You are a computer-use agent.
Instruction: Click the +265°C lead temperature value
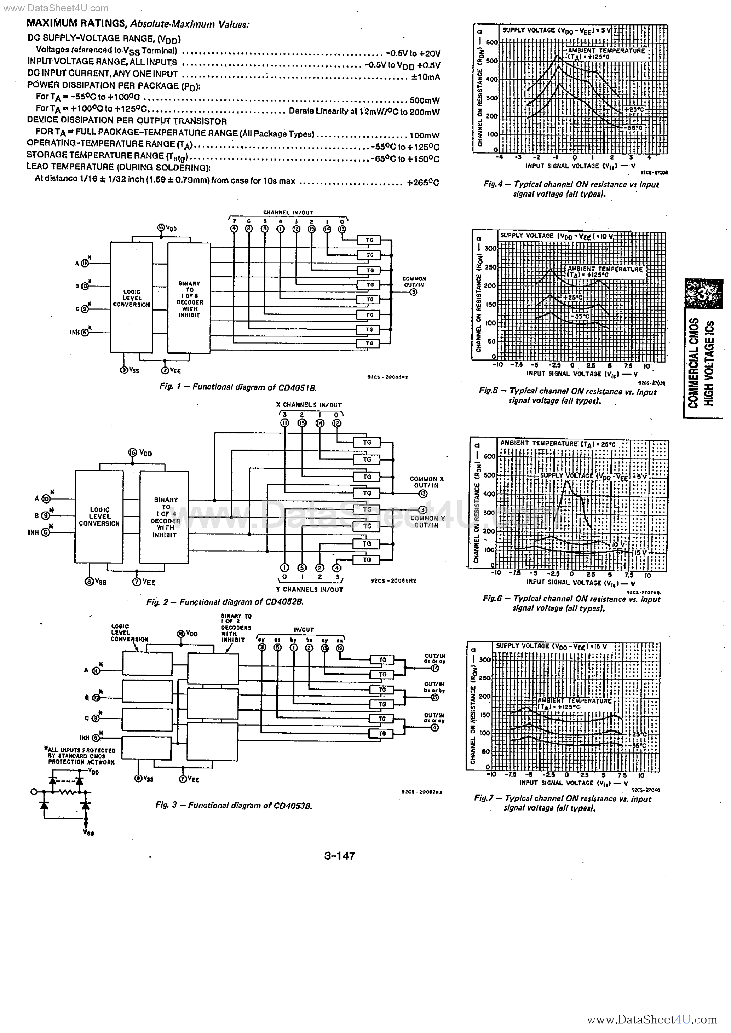(x=423, y=183)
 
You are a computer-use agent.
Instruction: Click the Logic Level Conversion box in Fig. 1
(x=131, y=298)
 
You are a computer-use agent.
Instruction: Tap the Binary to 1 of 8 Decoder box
(x=189, y=298)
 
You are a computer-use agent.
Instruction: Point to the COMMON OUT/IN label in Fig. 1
(x=414, y=282)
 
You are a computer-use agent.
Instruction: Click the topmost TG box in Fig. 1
(x=369, y=240)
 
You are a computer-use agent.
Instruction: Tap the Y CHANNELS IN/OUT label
(x=309, y=589)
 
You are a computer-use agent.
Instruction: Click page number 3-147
(x=339, y=856)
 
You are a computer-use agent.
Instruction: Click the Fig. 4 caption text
(x=571, y=189)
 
